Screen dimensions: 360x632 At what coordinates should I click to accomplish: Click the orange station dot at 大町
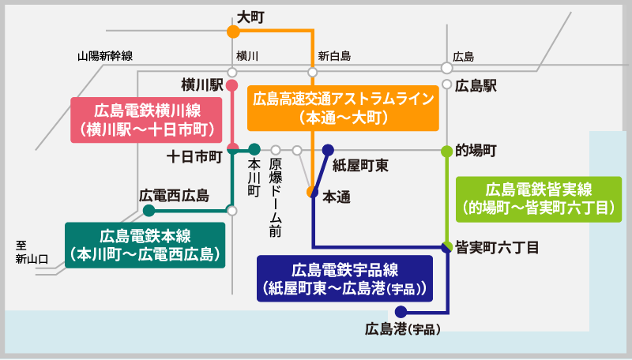[233, 32]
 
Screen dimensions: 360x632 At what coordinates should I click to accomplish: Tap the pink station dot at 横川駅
[232, 84]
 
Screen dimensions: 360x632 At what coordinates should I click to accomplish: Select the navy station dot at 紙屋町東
[328, 149]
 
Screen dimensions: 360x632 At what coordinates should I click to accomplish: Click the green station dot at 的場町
[446, 149]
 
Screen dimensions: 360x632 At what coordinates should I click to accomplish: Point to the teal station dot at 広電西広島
[149, 211]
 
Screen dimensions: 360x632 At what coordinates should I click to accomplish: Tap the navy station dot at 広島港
[401, 311]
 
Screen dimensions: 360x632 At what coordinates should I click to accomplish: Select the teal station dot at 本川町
[254, 149]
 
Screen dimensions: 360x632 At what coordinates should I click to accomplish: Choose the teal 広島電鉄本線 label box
[145, 245]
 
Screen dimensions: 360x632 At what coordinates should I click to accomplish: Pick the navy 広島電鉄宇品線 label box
[346, 278]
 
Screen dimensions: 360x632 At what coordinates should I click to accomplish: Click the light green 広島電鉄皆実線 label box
[540, 199]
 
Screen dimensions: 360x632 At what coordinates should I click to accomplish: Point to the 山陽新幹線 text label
[105, 57]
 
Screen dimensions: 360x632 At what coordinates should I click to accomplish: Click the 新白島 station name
[334, 57]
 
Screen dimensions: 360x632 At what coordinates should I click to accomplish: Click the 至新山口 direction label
[32, 252]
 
